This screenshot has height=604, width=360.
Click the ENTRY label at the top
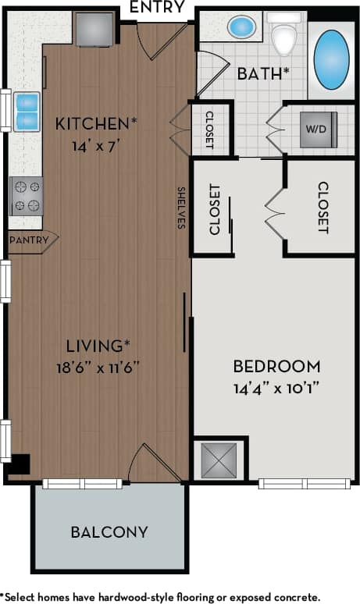pos(156,8)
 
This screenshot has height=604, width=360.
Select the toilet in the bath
pos(283,34)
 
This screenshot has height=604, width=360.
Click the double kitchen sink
pos(27,111)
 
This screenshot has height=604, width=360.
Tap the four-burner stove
pos(26,196)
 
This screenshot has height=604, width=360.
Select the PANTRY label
pos(29,240)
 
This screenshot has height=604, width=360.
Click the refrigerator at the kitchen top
pos(94,29)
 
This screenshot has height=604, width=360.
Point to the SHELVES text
pos(180,207)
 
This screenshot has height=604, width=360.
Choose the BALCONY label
pos(109,532)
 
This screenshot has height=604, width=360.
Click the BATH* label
pos(263,75)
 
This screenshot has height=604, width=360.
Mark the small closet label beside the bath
pos(210,129)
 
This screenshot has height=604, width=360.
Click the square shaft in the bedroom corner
pos(218,460)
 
